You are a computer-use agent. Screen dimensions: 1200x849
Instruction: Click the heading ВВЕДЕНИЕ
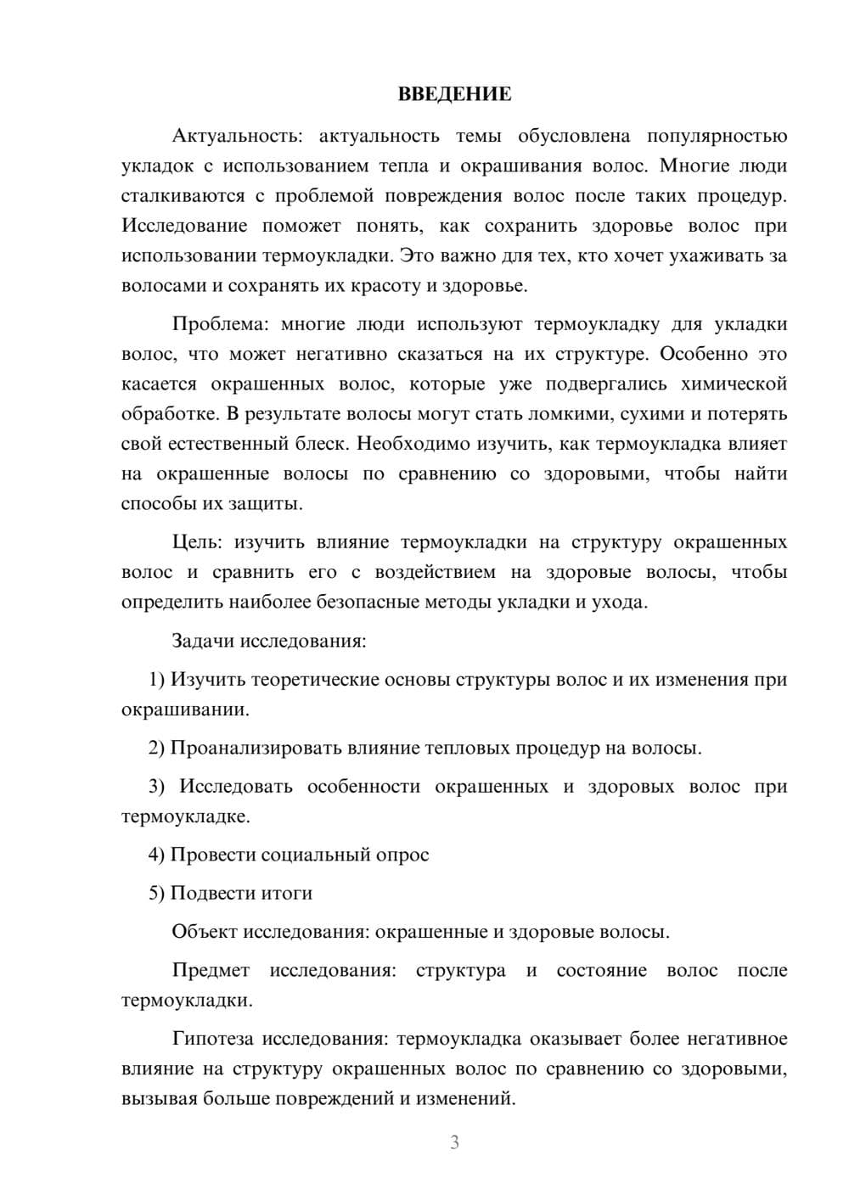[x=454, y=94]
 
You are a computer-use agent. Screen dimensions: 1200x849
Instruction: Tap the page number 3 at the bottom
[x=454, y=1142]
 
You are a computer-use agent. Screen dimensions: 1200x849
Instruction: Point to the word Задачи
[x=203, y=641]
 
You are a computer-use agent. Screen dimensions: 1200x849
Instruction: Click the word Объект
[x=205, y=932]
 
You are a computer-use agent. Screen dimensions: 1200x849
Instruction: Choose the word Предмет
[x=211, y=970]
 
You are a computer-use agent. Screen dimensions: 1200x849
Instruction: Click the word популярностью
[x=717, y=136]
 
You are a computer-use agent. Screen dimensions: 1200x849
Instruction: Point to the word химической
[x=734, y=384]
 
